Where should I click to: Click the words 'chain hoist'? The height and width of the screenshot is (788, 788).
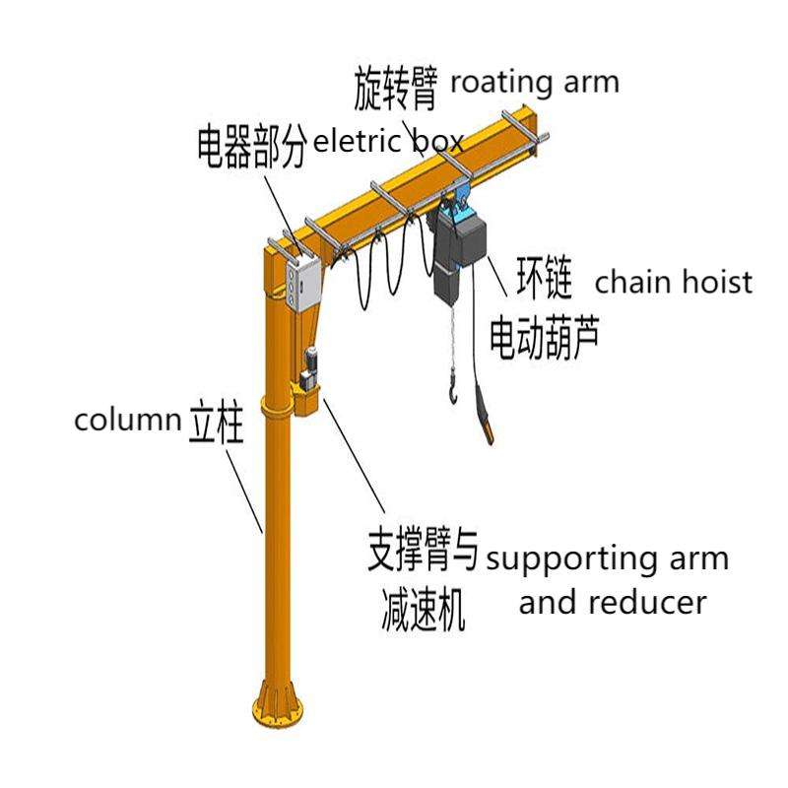click(674, 283)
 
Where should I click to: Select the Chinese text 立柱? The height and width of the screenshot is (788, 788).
click(215, 426)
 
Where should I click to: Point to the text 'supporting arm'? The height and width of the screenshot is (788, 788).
click(608, 558)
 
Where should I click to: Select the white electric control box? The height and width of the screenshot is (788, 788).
click(301, 283)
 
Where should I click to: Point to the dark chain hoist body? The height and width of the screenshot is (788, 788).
click(459, 251)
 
